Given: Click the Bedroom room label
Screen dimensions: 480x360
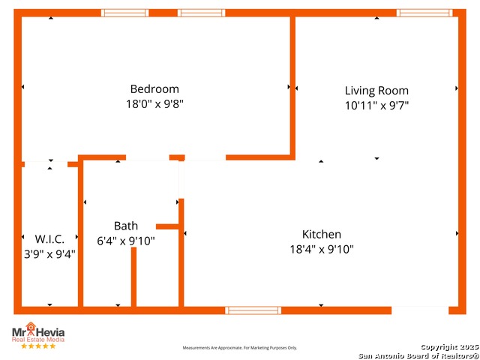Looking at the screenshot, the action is click(x=154, y=89).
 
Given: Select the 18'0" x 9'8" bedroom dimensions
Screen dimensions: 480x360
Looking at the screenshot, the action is click(x=154, y=104).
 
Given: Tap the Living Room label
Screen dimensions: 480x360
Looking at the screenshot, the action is click(x=376, y=91).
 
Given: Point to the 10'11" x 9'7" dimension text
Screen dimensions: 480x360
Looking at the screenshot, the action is click(x=376, y=106).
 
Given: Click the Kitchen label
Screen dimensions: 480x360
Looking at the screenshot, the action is click(x=322, y=234).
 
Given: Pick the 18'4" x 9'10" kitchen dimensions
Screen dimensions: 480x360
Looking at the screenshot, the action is click(x=322, y=249).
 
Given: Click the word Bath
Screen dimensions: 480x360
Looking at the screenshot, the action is click(x=126, y=226).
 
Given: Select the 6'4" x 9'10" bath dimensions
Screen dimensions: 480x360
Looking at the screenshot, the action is click(x=126, y=241).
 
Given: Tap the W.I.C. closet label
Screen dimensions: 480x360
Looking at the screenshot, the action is click(x=49, y=239).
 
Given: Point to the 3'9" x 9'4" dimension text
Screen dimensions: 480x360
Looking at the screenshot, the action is click(x=49, y=253).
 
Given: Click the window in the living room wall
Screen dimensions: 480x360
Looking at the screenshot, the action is click(x=424, y=13).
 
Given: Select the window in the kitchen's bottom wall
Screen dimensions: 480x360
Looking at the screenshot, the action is click(x=253, y=310).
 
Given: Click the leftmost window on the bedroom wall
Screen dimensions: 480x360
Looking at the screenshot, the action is click(x=124, y=13).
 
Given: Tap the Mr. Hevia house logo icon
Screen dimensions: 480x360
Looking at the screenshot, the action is click(x=31, y=328).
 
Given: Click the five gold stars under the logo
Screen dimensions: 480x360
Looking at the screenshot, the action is click(x=38, y=346).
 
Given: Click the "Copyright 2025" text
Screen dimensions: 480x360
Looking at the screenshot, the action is click(x=449, y=347).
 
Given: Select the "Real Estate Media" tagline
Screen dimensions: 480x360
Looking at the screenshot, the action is click(x=38, y=340).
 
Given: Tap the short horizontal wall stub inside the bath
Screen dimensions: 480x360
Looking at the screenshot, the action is click(x=167, y=226).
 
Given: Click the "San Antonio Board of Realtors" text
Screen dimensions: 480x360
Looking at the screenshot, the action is click(x=418, y=355).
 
